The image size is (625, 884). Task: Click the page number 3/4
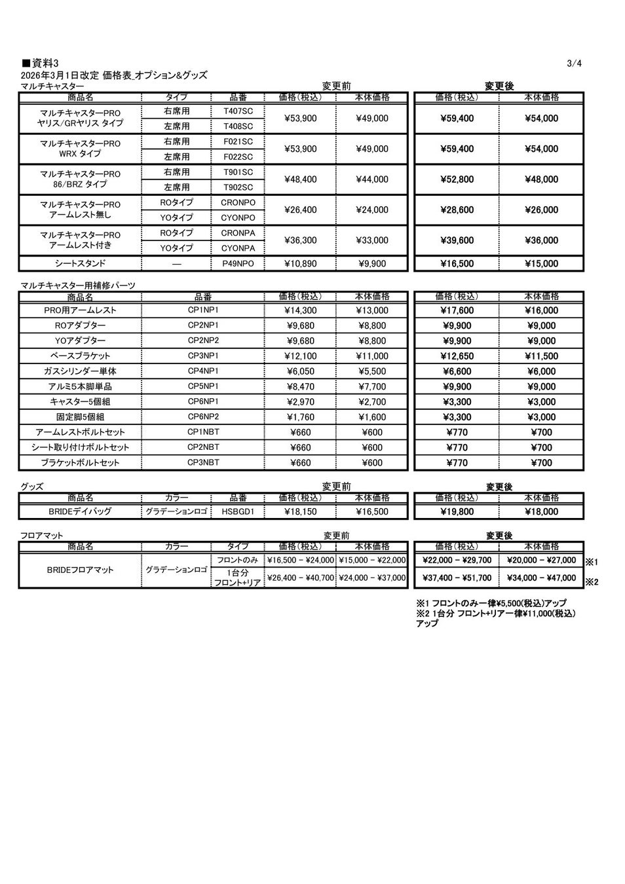[x=574, y=64]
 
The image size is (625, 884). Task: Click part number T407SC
[x=238, y=111]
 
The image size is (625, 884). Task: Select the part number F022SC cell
[x=238, y=157]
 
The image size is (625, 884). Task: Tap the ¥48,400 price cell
[x=301, y=179]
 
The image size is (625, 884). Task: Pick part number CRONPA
[x=238, y=233]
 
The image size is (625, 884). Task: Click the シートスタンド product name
[x=80, y=264]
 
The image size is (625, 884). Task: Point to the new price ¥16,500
[x=457, y=264]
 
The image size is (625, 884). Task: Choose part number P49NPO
[x=238, y=264]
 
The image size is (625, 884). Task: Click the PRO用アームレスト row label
[x=80, y=310]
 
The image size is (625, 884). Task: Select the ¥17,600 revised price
[x=457, y=310]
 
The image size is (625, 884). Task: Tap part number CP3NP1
[x=203, y=356]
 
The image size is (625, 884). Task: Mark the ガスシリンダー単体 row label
[x=80, y=371]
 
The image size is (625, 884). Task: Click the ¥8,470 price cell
[x=301, y=386]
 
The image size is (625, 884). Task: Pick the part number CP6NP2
[x=203, y=416]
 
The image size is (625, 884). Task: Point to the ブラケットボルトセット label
[x=80, y=463]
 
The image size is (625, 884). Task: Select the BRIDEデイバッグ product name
[x=80, y=511]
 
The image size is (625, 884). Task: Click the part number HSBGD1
[x=238, y=511]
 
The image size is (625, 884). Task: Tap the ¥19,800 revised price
[x=457, y=511]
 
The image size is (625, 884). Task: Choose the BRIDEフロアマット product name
[x=80, y=570]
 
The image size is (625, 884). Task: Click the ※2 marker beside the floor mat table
[x=591, y=581]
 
